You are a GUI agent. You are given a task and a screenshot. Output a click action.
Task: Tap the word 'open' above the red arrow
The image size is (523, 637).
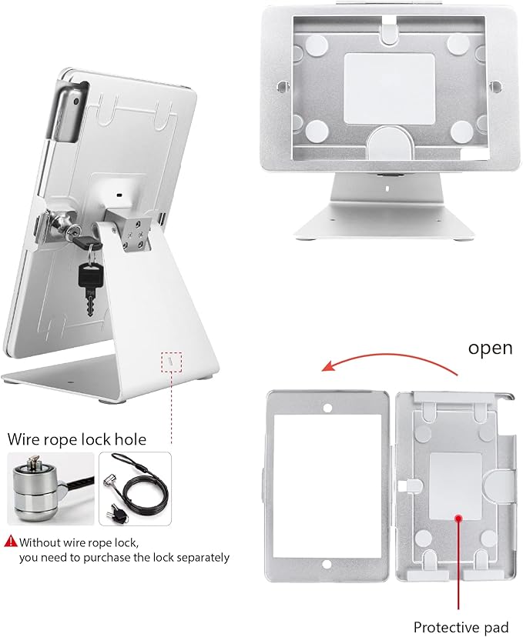(490, 348)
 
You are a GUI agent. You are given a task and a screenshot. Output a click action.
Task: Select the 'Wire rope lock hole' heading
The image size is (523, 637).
(76, 440)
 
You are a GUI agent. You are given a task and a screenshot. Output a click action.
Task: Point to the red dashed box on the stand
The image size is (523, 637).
(171, 361)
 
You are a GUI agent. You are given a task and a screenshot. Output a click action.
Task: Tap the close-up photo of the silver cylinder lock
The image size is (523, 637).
(51, 489)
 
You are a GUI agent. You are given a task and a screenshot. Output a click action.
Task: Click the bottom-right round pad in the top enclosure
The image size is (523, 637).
(461, 132)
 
